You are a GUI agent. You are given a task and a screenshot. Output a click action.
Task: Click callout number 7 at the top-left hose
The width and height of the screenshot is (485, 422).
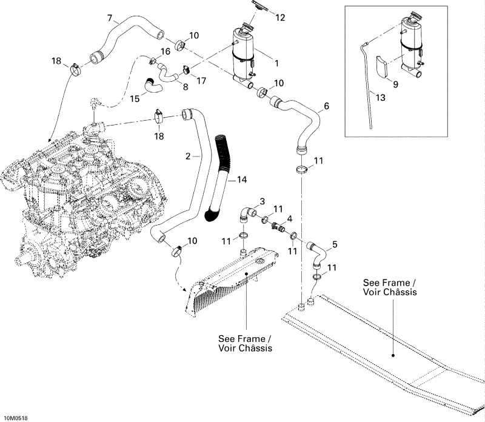(x=109, y=16)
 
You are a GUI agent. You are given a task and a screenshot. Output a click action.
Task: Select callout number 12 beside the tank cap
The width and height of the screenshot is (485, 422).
(x=279, y=18)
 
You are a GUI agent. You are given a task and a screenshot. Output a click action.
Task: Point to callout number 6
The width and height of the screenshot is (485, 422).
(x=327, y=106)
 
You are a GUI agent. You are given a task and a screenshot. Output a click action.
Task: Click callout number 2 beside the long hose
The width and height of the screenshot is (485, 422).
(x=189, y=156)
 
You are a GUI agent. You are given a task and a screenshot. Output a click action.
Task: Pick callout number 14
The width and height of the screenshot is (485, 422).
(x=242, y=180)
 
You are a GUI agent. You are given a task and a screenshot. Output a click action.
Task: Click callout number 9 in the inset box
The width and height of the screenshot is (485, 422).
(x=395, y=85)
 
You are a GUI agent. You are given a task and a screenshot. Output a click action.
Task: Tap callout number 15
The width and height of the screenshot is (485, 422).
(x=135, y=98)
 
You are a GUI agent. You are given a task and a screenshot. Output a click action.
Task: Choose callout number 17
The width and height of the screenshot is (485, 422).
(x=202, y=80)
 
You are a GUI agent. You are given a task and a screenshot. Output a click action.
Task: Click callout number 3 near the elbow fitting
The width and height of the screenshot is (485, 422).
(x=263, y=201)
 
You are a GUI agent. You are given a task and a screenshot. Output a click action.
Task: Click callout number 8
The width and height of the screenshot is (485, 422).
(x=184, y=87)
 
